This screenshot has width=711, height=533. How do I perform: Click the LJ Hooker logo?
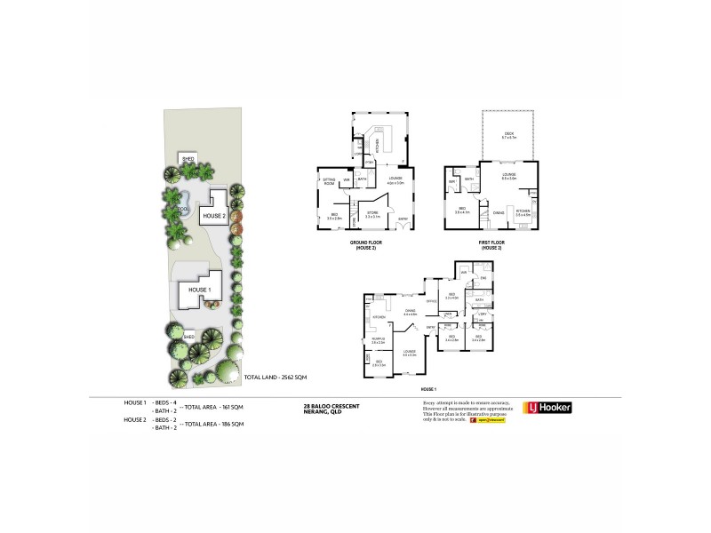tap(547, 408)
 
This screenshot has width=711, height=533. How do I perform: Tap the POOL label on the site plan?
tap(183, 210)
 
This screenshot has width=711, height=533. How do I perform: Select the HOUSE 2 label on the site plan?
tap(214, 216)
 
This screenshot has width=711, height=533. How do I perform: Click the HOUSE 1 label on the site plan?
tap(197, 290)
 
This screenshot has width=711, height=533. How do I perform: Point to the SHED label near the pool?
tap(188, 160)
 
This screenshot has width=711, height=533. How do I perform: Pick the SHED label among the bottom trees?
tap(188, 338)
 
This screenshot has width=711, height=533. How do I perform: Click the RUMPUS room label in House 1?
tap(378, 338)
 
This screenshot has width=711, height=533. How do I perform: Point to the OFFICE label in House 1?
tap(430, 302)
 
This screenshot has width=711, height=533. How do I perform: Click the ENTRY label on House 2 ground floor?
tap(403, 219)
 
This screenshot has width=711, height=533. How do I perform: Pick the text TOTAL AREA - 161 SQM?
tap(213, 405)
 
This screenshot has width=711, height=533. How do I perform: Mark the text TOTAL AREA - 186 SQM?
tap(213, 425)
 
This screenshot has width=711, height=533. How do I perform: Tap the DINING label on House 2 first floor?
tap(499, 212)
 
